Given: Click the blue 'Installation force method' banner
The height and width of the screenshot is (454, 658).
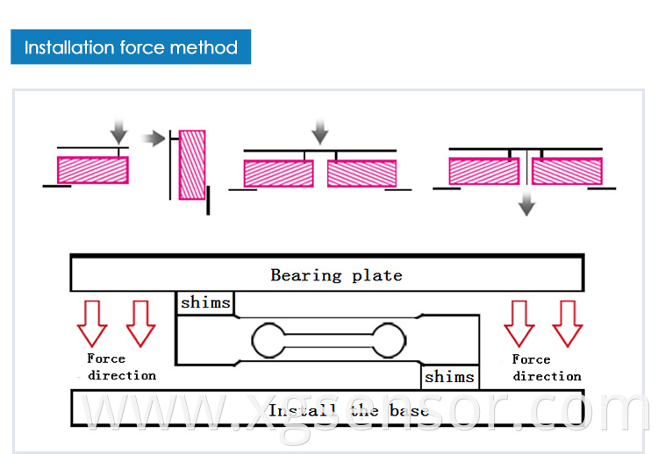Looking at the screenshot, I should point(131,46).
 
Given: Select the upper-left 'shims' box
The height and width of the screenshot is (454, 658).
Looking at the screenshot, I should point(205,303).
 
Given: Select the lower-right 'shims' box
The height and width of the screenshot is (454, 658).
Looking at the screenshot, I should point(449,378).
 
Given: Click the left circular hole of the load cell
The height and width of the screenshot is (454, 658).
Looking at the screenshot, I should point(267,339).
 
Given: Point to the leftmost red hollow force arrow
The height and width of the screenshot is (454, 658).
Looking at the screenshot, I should point(91,323).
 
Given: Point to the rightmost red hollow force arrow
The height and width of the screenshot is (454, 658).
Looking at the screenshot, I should point(567,323).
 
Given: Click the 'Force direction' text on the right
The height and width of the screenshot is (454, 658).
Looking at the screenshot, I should point(547,367).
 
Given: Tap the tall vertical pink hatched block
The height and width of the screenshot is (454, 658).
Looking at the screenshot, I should point(192,165).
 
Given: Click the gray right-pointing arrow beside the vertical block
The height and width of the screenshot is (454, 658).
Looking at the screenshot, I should point(154,138).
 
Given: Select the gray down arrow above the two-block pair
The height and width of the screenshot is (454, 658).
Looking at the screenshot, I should point(320,131).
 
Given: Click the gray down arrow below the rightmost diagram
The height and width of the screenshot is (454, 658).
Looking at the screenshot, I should point(526,204).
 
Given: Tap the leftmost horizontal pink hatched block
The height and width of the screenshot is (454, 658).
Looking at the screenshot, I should point(92,169).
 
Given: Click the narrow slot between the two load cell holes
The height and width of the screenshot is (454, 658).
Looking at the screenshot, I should point(327,339).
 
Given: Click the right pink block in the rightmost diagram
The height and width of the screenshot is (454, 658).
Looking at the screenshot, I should point(567,170).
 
